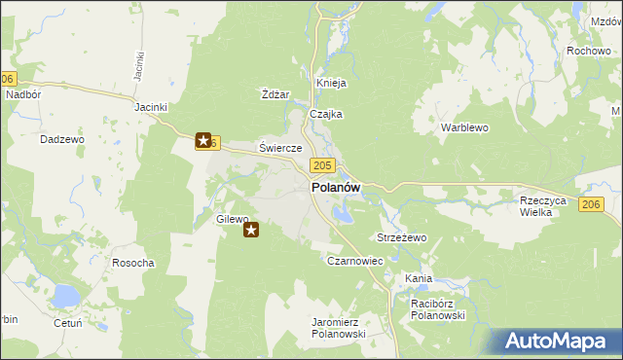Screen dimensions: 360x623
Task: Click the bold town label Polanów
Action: (x=336, y=188)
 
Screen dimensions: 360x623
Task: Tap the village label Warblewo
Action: (x=463, y=127)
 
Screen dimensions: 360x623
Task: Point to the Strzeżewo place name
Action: (x=402, y=237)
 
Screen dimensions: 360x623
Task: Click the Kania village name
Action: (x=419, y=279)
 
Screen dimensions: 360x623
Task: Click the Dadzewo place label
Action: (x=62, y=139)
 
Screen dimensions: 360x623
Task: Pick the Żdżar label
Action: (x=276, y=94)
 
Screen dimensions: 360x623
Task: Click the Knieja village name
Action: (x=331, y=83)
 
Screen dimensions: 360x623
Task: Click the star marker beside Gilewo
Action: (x=251, y=231)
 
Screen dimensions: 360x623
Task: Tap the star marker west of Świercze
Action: (x=203, y=141)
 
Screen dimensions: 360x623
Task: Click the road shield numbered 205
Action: (x=325, y=166)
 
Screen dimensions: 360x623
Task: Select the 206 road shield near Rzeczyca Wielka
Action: (x=591, y=203)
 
